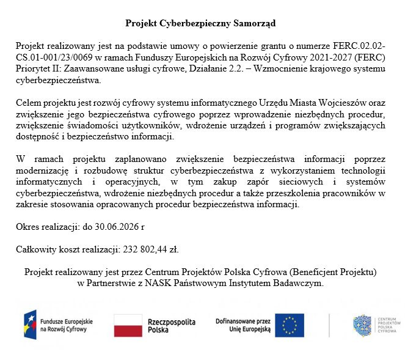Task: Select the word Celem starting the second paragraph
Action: coord(29,103)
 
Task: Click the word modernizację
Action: coord(43,171)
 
